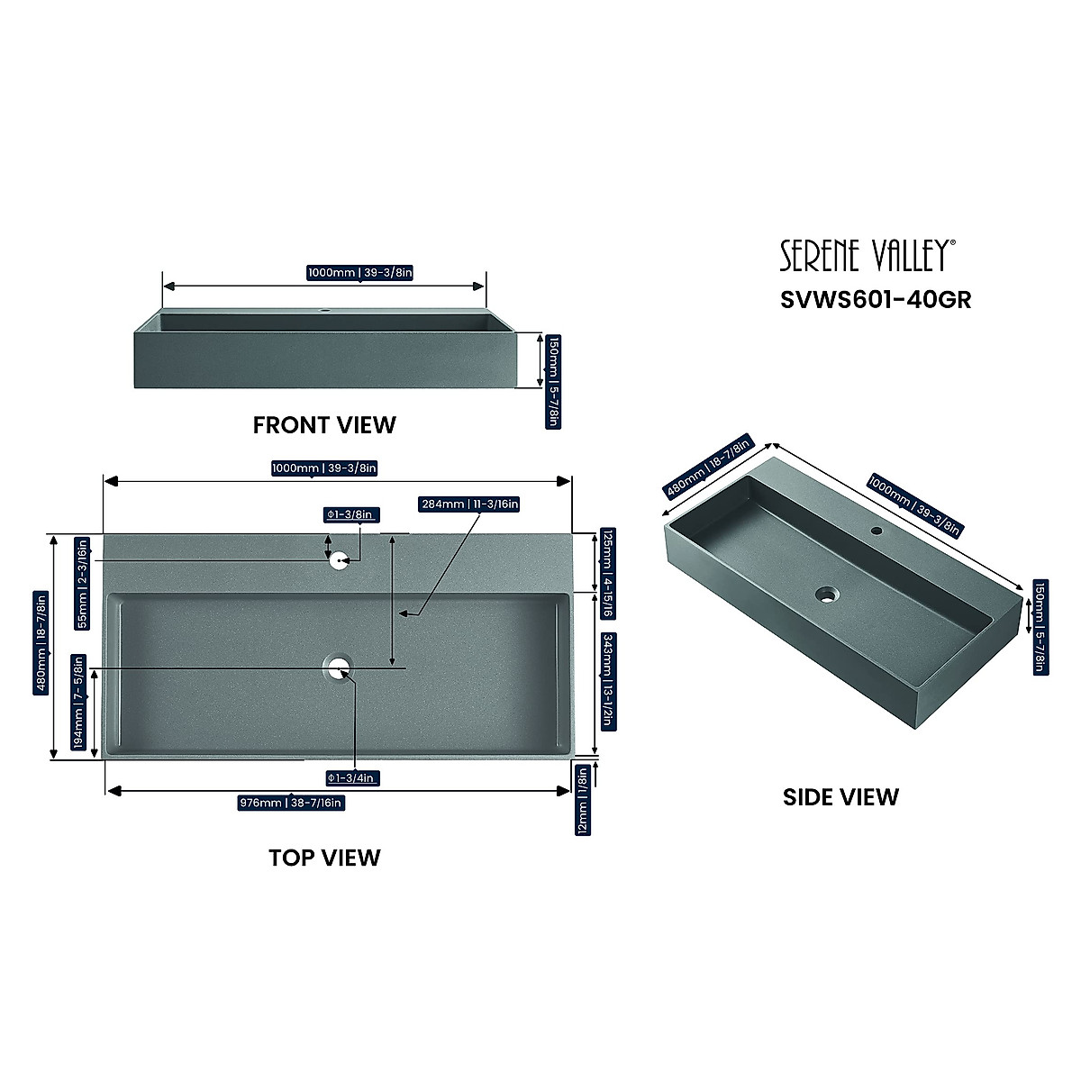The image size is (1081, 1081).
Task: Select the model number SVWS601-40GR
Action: point(875,299)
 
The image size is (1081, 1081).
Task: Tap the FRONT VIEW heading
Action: point(324,424)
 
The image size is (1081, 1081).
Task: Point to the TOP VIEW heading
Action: point(324,857)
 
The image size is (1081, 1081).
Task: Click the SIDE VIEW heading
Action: point(840,796)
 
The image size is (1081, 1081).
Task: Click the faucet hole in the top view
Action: point(339,560)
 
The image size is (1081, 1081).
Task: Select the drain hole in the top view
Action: point(338,668)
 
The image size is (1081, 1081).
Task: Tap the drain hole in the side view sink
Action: point(827,594)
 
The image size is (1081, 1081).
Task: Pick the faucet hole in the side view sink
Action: point(876,531)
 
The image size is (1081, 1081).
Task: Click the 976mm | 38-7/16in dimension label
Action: point(290,803)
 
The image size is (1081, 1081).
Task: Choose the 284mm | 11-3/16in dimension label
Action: point(469,504)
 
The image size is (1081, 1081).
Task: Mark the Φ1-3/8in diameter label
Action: point(353,514)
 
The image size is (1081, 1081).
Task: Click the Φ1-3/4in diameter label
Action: point(353,777)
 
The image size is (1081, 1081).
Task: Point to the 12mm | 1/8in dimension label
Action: point(582,800)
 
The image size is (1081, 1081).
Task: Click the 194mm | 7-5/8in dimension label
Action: point(79,702)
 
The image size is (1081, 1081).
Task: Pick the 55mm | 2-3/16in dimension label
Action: point(83,583)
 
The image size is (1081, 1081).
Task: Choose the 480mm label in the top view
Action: point(40,641)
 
